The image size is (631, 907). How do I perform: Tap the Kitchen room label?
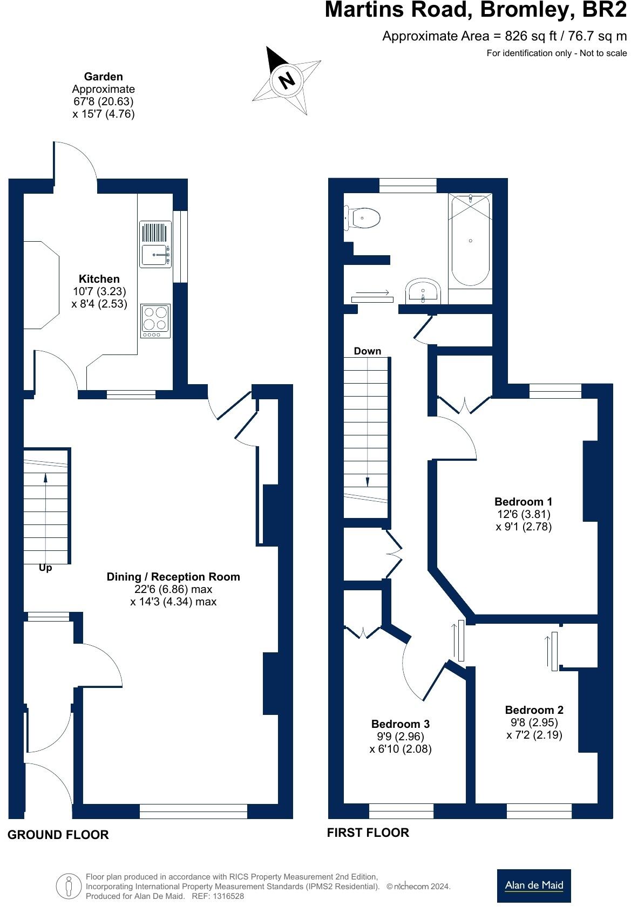point(99,279)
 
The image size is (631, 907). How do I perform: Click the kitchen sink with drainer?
point(155,244)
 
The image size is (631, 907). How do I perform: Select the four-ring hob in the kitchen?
point(155,319)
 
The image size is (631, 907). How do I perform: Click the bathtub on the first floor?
point(471,241)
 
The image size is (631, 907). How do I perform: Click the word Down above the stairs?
point(368,351)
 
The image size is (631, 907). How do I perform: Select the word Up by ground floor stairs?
point(45,568)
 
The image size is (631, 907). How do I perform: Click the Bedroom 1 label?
point(523,502)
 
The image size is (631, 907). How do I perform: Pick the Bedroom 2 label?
point(534,710)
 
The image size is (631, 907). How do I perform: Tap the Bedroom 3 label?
point(400,724)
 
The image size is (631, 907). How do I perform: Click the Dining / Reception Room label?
point(173,577)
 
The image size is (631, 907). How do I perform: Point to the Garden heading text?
point(103,77)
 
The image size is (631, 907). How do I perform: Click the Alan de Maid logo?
point(533,885)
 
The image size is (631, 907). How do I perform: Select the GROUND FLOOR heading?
point(58,835)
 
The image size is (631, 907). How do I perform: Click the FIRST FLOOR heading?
point(368,833)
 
